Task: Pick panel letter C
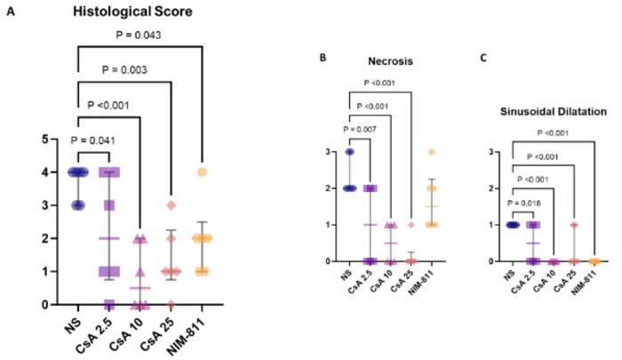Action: [484, 60]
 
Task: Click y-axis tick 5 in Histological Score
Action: [56, 140]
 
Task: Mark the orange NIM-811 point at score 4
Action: [203, 172]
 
